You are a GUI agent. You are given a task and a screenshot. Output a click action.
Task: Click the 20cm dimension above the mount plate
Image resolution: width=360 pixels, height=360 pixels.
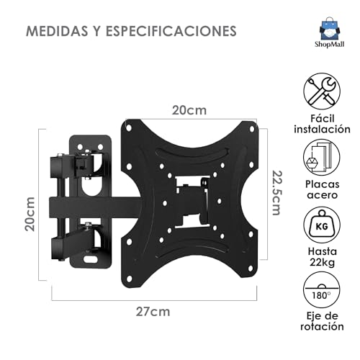pyautogui.click(x=189, y=112)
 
